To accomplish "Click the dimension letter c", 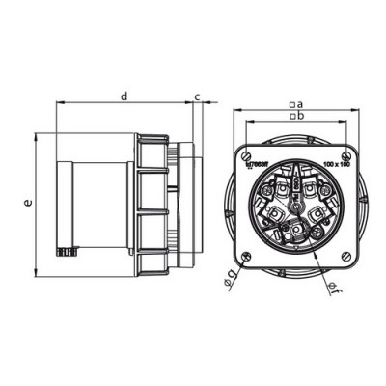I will pos(197,96).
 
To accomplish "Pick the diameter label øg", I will pos(230,280).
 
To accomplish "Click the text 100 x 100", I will pos(336,166).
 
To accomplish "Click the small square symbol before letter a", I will pos(291,103).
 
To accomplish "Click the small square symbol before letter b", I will pos(291,116).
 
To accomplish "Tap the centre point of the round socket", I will pos(298,204).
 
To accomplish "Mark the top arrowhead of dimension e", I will pos(37,135).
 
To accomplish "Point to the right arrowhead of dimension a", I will pos(364,109).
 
